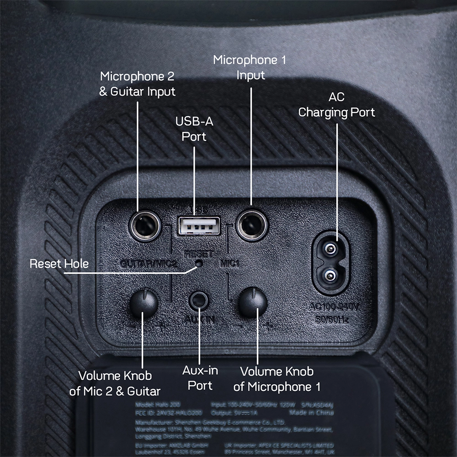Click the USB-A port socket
(x=199, y=225)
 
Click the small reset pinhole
(x=199, y=263)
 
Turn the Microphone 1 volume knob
(x=253, y=303)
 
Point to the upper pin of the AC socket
(x=330, y=249)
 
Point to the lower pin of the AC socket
(x=330, y=275)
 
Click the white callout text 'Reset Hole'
(x=59, y=264)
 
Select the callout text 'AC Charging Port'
(x=337, y=105)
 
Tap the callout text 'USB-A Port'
(x=194, y=129)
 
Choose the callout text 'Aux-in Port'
(x=200, y=378)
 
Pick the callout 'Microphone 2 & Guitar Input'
(x=138, y=84)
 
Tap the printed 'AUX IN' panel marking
(x=199, y=320)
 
